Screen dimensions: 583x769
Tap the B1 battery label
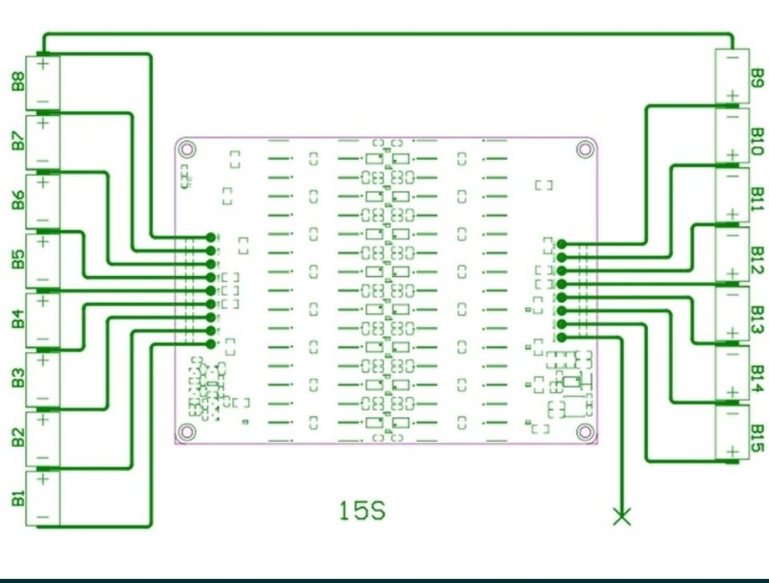17,498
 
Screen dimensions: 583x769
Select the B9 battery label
756,78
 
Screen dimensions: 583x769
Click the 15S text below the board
362,510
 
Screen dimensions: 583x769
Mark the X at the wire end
622,516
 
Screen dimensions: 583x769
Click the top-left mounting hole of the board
188,150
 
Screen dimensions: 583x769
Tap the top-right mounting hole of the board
584,150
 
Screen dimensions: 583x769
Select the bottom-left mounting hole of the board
188,431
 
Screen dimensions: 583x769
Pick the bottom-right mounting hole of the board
584,431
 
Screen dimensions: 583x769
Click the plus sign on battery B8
43,62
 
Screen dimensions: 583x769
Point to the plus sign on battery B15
732,452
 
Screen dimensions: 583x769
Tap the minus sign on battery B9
732,58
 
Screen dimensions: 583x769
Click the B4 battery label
17,319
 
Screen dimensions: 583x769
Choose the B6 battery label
17,200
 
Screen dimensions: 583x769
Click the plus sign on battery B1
43,480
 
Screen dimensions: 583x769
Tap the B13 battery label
756,318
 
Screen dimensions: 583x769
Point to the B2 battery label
17,438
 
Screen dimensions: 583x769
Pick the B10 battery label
756,139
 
